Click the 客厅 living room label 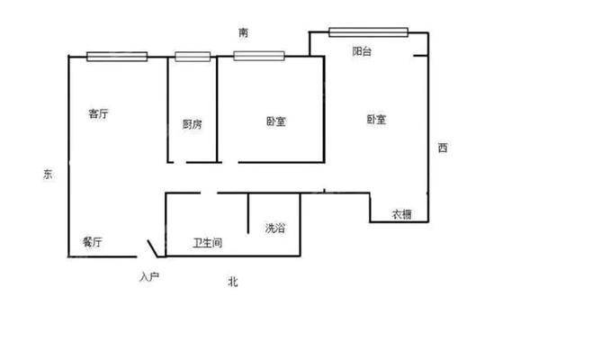click(98, 113)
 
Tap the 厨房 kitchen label click(192, 124)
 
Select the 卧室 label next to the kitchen click(276, 121)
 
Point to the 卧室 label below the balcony click(376, 119)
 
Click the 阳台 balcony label click(362, 51)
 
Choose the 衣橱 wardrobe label click(401, 214)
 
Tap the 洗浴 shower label click(275, 228)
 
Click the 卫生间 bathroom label click(207, 243)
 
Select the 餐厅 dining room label click(93, 242)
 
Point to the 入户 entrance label click(149, 277)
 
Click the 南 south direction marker click(243, 32)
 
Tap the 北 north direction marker click(233, 282)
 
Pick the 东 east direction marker click(48, 175)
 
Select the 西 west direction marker click(443, 148)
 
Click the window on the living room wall click(117, 57)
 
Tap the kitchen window click(193, 57)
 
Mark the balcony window click(368, 32)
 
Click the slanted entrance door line click(153, 248)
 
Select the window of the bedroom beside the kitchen click(259, 56)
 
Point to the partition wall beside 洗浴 click(248, 213)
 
